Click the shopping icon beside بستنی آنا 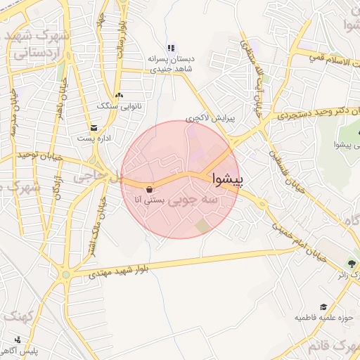pos(150,189)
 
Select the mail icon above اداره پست pos(94,127)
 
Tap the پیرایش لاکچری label pos(208,119)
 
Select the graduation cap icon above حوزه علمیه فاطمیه pos(323,307)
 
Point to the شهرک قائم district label pos(330,347)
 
